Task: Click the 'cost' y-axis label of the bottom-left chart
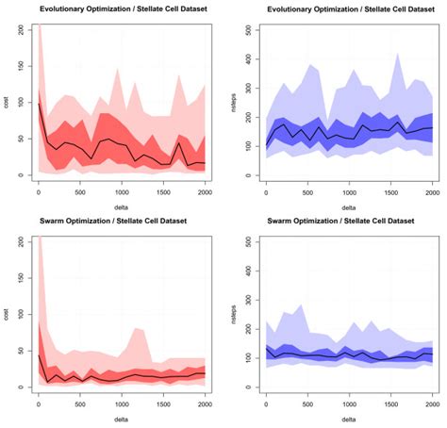[7, 313]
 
